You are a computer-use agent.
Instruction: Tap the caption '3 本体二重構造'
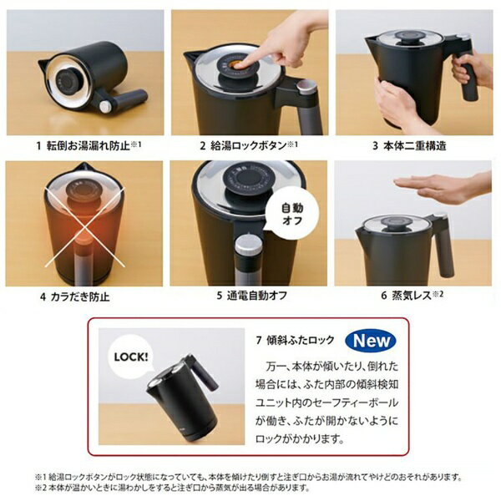(409, 145)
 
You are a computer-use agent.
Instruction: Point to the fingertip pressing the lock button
(244, 63)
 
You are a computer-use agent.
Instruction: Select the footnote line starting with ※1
(250, 477)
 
